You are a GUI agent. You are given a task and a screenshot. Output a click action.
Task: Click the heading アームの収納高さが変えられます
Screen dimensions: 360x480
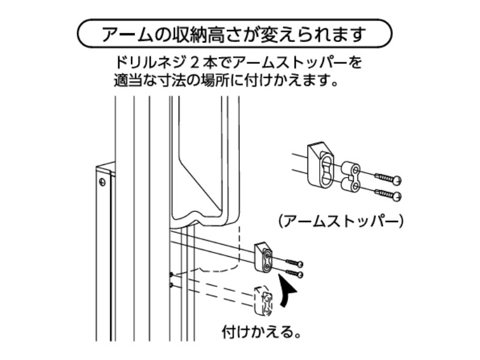[234, 34]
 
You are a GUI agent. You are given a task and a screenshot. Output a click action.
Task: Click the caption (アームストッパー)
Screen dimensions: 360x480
[341, 221]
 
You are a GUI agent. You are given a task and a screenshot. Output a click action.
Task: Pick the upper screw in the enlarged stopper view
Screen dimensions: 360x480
[388, 178]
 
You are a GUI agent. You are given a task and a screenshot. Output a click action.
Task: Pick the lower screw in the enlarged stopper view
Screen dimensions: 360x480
[387, 194]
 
